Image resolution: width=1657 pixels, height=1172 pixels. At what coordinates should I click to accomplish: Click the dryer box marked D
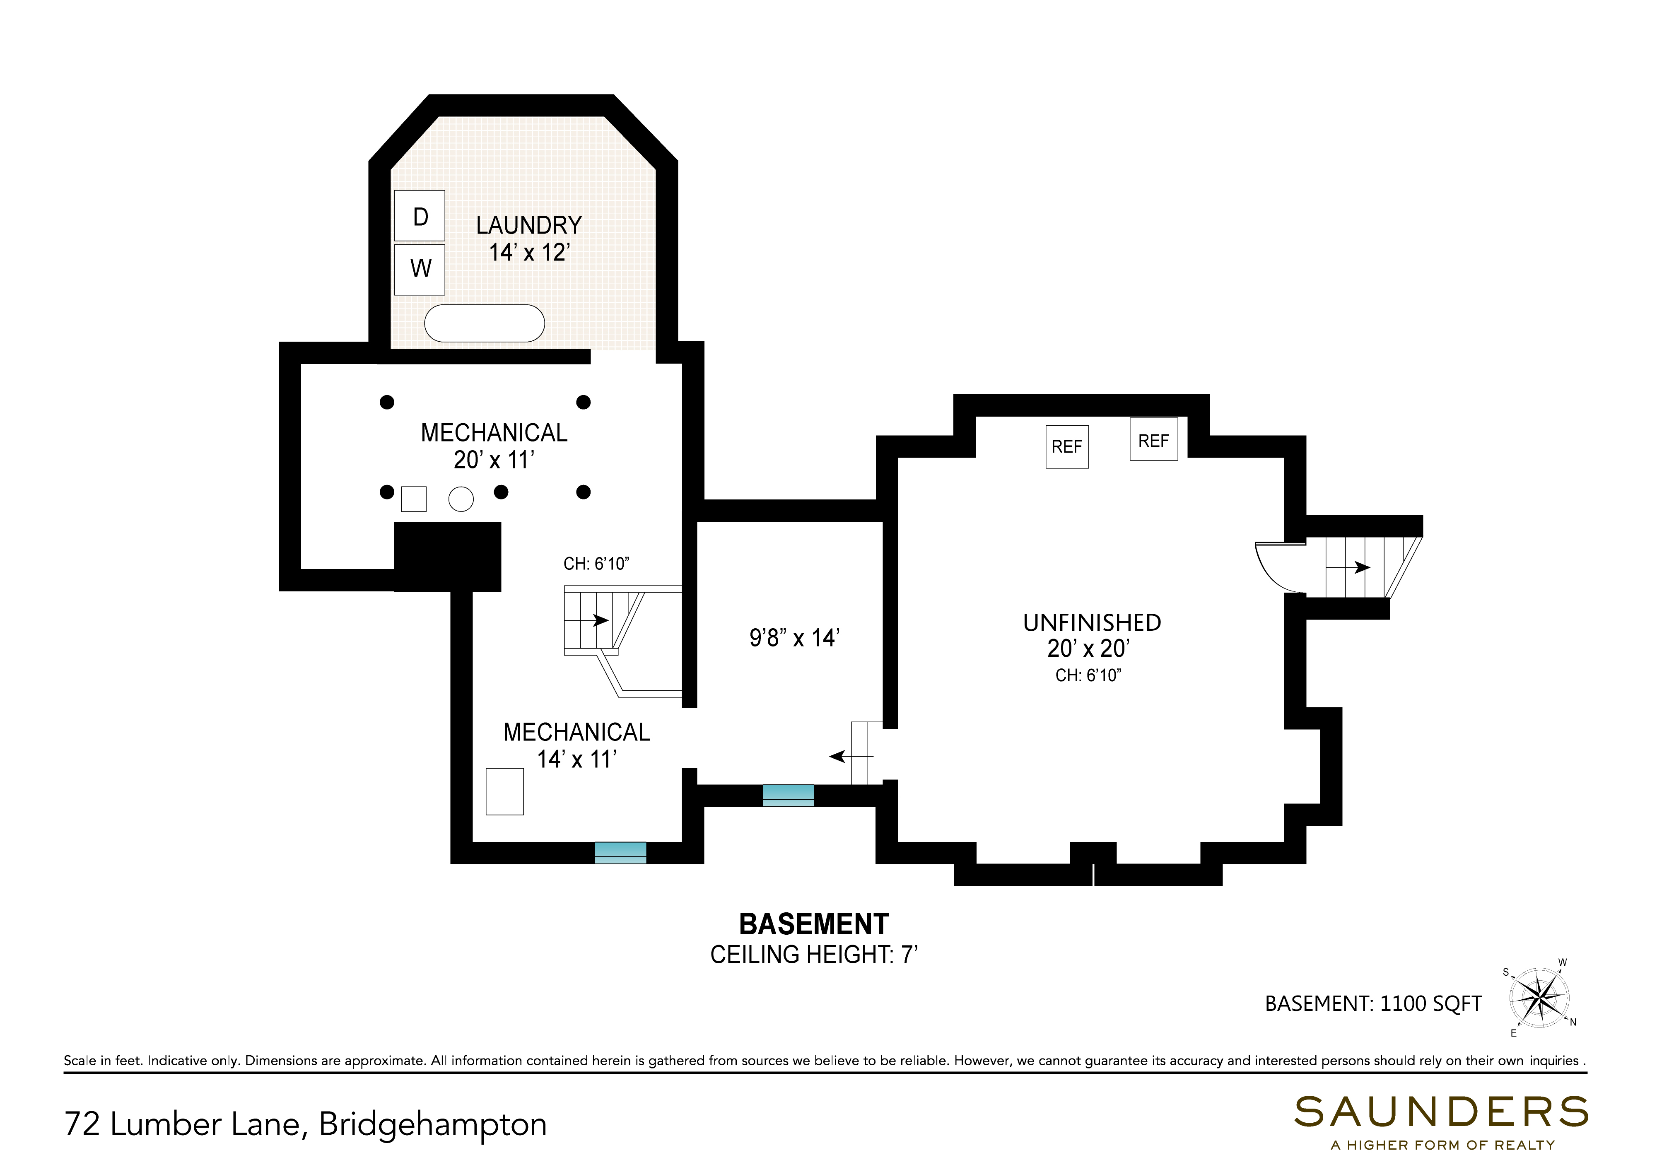pyautogui.click(x=419, y=216)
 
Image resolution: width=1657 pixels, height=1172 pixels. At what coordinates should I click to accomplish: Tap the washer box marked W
pyautogui.click(x=419, y=269)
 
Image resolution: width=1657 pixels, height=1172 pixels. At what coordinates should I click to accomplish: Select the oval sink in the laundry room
pyautogui.click(x=484, y=323)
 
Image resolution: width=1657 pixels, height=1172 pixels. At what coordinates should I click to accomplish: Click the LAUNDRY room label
pyautogui.click(x=529, y=225)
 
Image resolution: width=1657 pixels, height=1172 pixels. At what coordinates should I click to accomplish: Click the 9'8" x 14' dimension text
pyautogui.click(x=794, y=638)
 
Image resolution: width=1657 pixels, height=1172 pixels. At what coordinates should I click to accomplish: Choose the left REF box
pyautogui.click(x=1067, y=447)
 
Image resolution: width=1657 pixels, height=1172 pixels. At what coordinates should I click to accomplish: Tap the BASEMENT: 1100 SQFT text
pyautogui.click(x=1373, y=1004)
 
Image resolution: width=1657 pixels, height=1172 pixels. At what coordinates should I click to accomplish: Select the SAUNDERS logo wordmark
pyautogui.click(x=1441, y=1112)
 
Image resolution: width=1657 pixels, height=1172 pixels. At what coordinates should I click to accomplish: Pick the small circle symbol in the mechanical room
pyautogui.click(x=461, y=499)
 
